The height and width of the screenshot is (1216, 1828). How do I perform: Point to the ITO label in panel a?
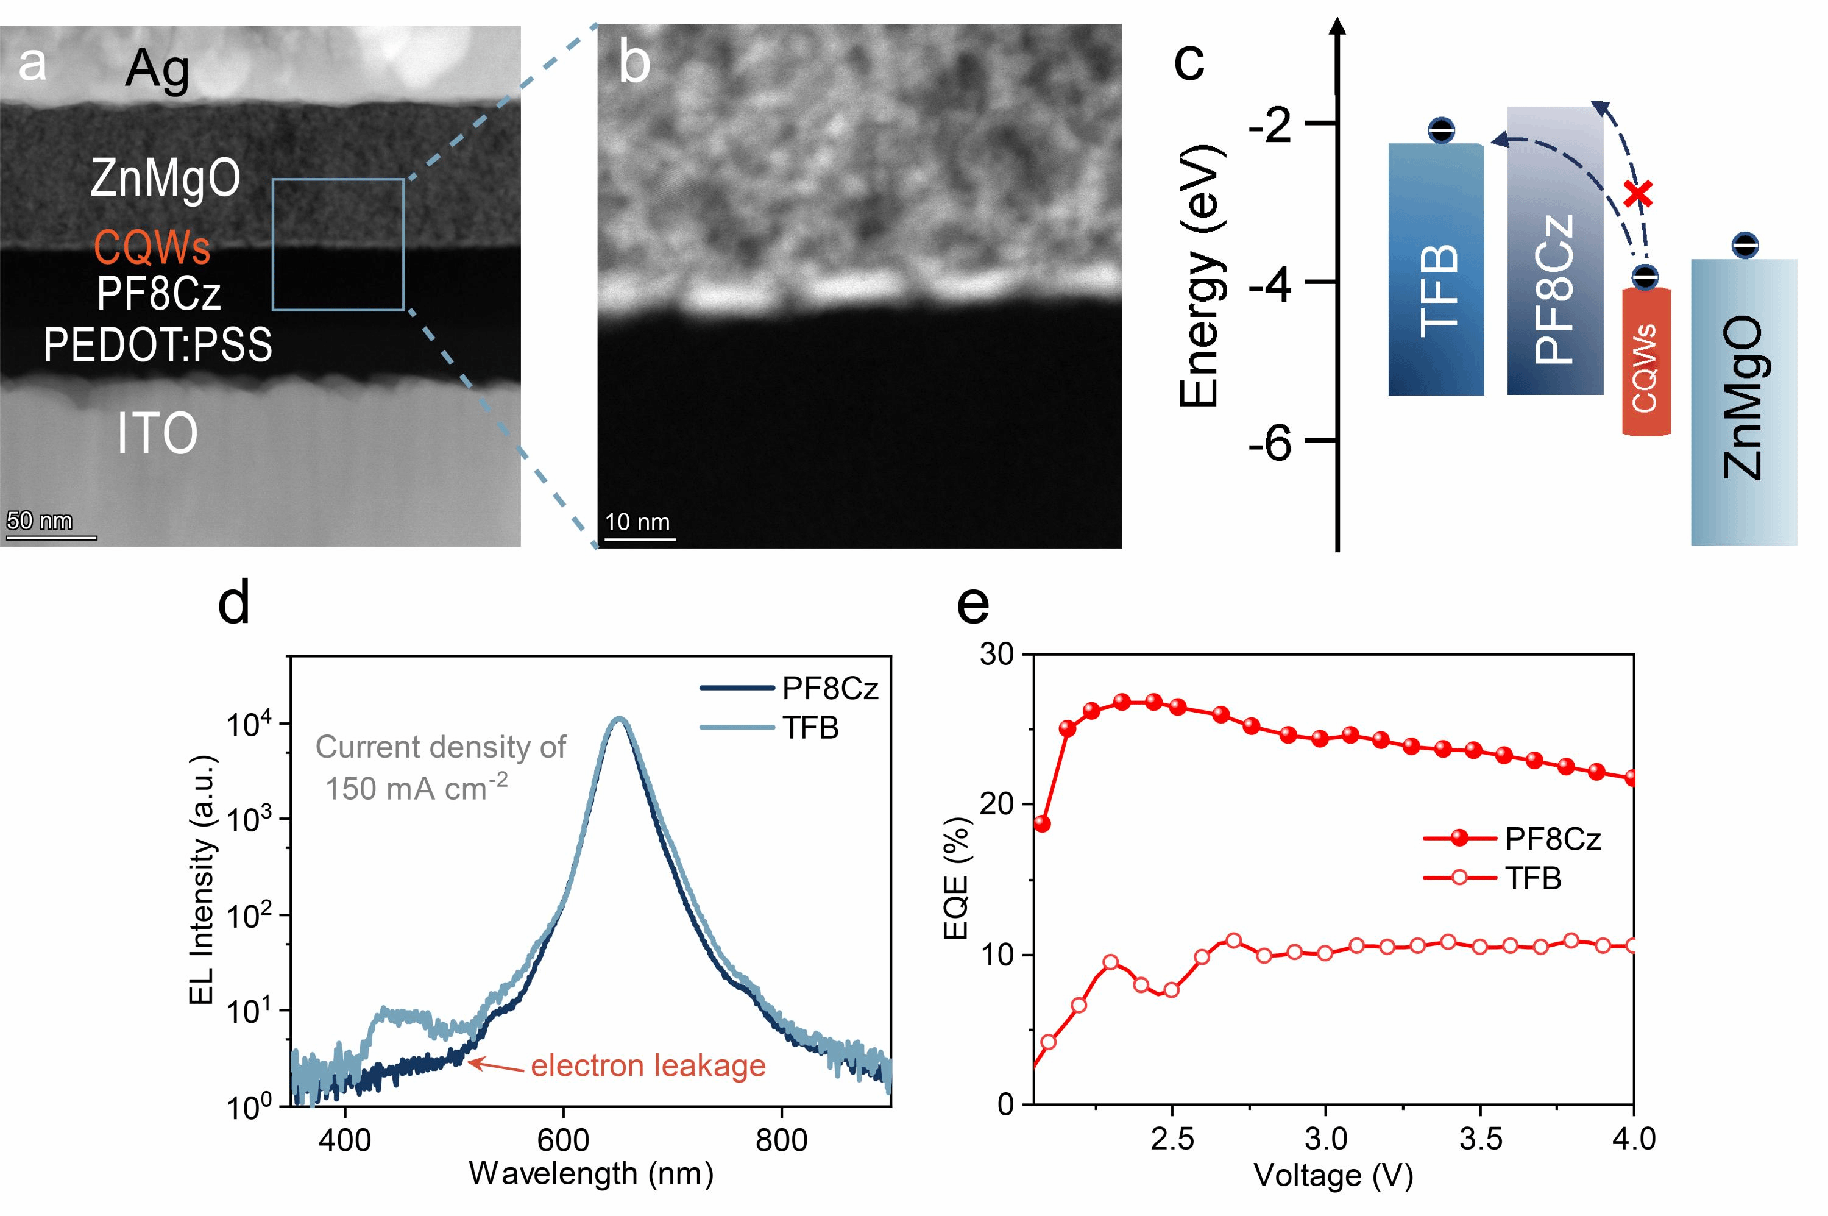pos(157,434)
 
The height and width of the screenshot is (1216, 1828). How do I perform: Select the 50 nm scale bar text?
pos(40,521)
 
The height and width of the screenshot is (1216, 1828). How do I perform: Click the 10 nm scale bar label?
pos(637,522)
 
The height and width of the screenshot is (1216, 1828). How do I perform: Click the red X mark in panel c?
pos(1638,194)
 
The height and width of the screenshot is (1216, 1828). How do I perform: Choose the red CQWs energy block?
pos(1646,361)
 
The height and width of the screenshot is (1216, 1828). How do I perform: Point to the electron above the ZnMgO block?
pos(1745,246)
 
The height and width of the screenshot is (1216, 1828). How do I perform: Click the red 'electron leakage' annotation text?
pos(648,1066)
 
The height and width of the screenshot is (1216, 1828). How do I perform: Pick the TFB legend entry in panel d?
pos(809,727)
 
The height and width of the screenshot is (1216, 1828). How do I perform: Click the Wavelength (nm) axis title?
pos(590,1174)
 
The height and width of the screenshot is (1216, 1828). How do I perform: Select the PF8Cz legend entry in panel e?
pos(1552,838)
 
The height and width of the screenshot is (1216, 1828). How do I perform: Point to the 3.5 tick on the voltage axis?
pos(1480,1139)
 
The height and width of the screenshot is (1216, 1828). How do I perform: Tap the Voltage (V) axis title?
pos(1333,1176)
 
